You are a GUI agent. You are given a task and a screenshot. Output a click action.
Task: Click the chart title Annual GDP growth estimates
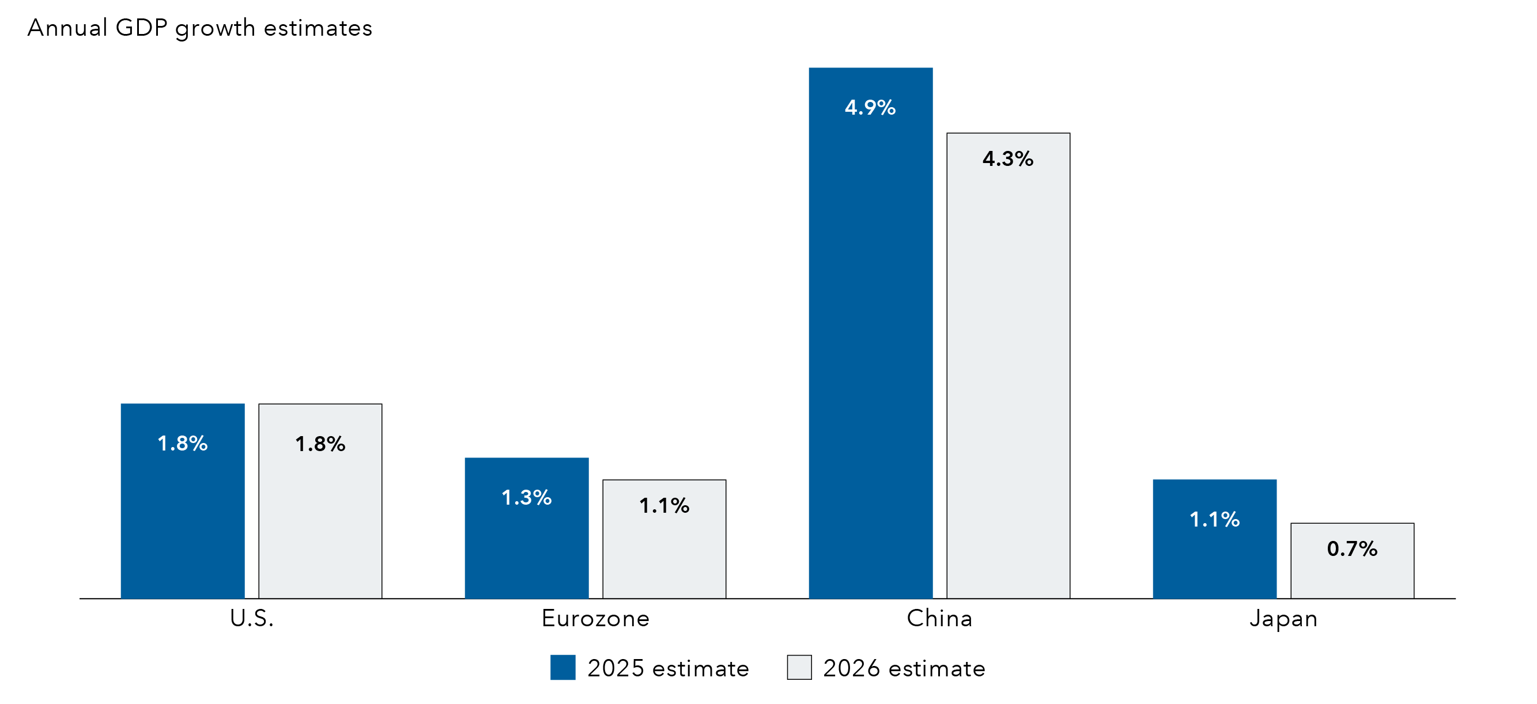199,28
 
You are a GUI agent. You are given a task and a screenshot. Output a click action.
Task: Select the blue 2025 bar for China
871,358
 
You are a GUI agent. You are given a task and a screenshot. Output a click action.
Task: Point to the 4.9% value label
870,107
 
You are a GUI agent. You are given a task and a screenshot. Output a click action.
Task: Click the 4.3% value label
1008,158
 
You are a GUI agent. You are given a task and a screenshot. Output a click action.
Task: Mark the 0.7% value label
1352,549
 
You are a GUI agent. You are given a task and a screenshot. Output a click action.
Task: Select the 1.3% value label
526,498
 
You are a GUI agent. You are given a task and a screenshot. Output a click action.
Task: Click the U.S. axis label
252,619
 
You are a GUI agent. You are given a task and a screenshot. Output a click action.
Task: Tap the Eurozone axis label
595,619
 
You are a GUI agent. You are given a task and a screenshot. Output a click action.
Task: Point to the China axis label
940,619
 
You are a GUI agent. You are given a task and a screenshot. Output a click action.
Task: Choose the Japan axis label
1283,619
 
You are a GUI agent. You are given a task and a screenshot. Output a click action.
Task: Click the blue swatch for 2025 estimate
562,668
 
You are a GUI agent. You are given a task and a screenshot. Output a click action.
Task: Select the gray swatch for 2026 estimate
799,668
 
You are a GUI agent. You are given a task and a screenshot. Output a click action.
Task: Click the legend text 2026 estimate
904,669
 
